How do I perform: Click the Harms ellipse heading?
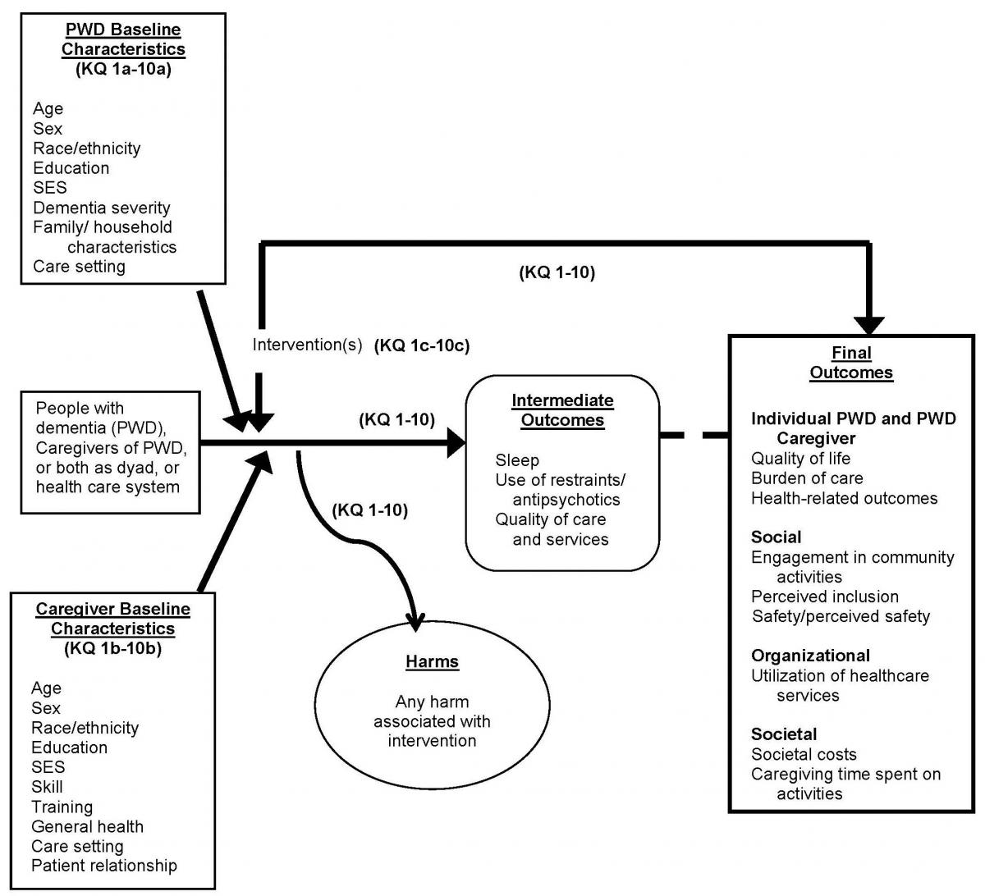pyautogui.click(x=432, y=662)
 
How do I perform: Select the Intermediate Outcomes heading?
pyautogui.click(x=562, y=410)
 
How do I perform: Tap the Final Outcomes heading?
pyautogui.click(x=851, y=363)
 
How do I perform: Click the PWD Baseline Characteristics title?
pyautogui.click(x=124, y=39)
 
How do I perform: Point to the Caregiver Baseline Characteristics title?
pyautogui.click(x=113, y=619)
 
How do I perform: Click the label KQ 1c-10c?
pyautogui.click(x=422, y=345)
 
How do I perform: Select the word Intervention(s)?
pyautogui.click(x=307, y=345)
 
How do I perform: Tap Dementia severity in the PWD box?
pyautogui.click(x=102, y=208)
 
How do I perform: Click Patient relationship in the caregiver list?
pyautogui.click(x=104, y=866)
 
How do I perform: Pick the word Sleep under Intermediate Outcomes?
pyautogui.click(x=517, y=460)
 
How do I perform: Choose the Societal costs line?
pyautogui.click(x=804, y=754)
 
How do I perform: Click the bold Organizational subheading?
pyautogui.click(x=810, y=656)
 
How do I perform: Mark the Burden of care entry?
pyautogui.click(x=807, y=478)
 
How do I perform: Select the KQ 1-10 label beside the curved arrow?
pyautogui.click(x=370, y=510)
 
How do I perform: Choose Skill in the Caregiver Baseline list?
pyautogui.click(x=47, y=787)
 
